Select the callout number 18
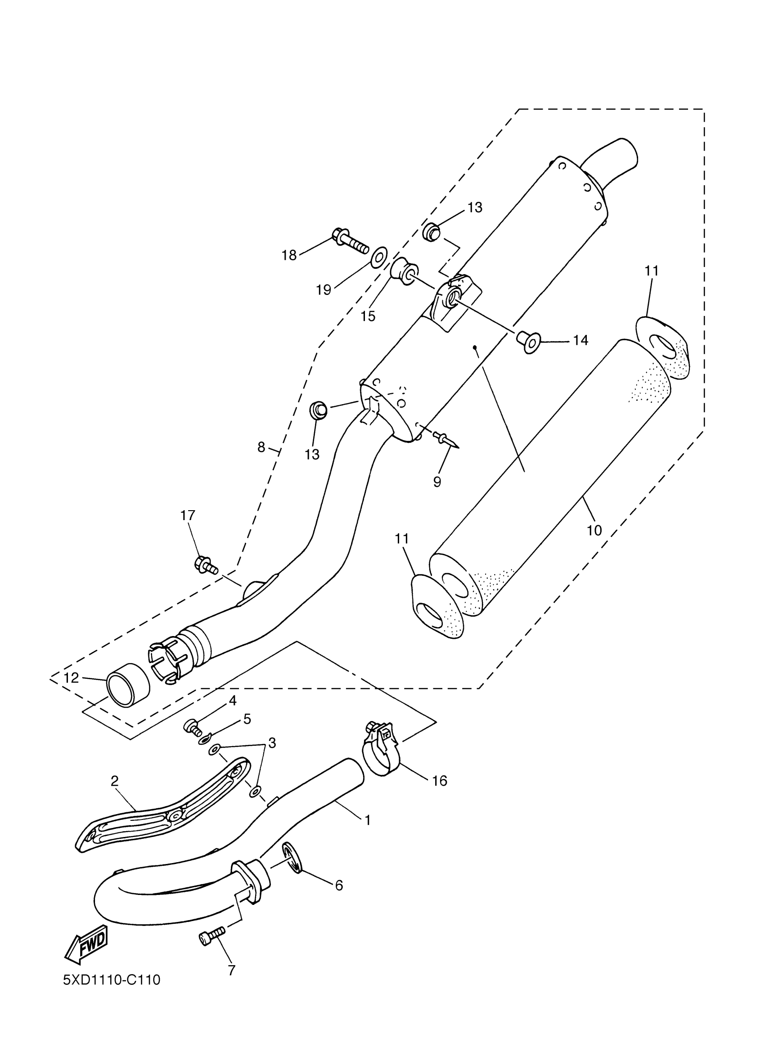point(289,255)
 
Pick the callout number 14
point(580,340)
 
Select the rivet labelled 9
point(445,439)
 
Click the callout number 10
point(594,530)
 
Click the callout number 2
point(115,781)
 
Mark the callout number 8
point(261,448)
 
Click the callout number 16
point(440,780)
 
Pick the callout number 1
point(368,820)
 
